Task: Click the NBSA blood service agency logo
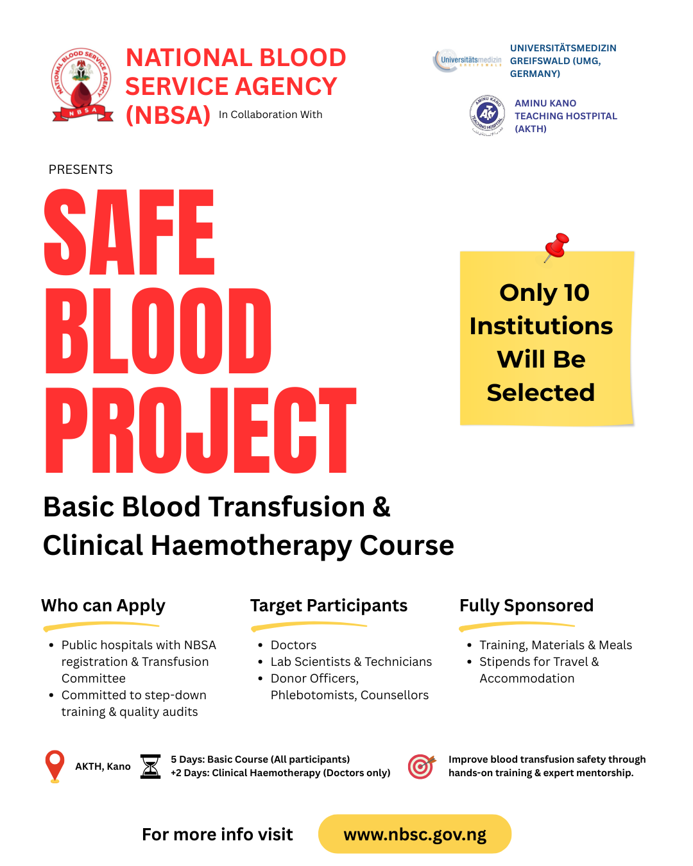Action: tap(81, 85)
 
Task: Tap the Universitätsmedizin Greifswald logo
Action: tap(467, 61)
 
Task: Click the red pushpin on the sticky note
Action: tap(556, 247)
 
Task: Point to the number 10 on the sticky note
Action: tap(576, 293)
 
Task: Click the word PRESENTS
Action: tap(81, 169)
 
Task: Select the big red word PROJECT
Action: tap(200, 430)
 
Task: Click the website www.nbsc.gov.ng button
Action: tap(415, 835)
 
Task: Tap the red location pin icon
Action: tap(55, 766)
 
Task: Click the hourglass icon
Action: tap(150, 766)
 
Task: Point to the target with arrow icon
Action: tap(422, 766)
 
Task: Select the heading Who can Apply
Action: tap(103, 606)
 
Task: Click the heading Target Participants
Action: tap(329, 606)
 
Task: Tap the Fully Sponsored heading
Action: tap(526, 606)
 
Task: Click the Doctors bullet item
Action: tap(293, 645)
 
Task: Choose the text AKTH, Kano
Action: tap(103, 767)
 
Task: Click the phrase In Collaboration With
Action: tap(270, 115)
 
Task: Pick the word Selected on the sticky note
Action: tap(541, 393)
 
